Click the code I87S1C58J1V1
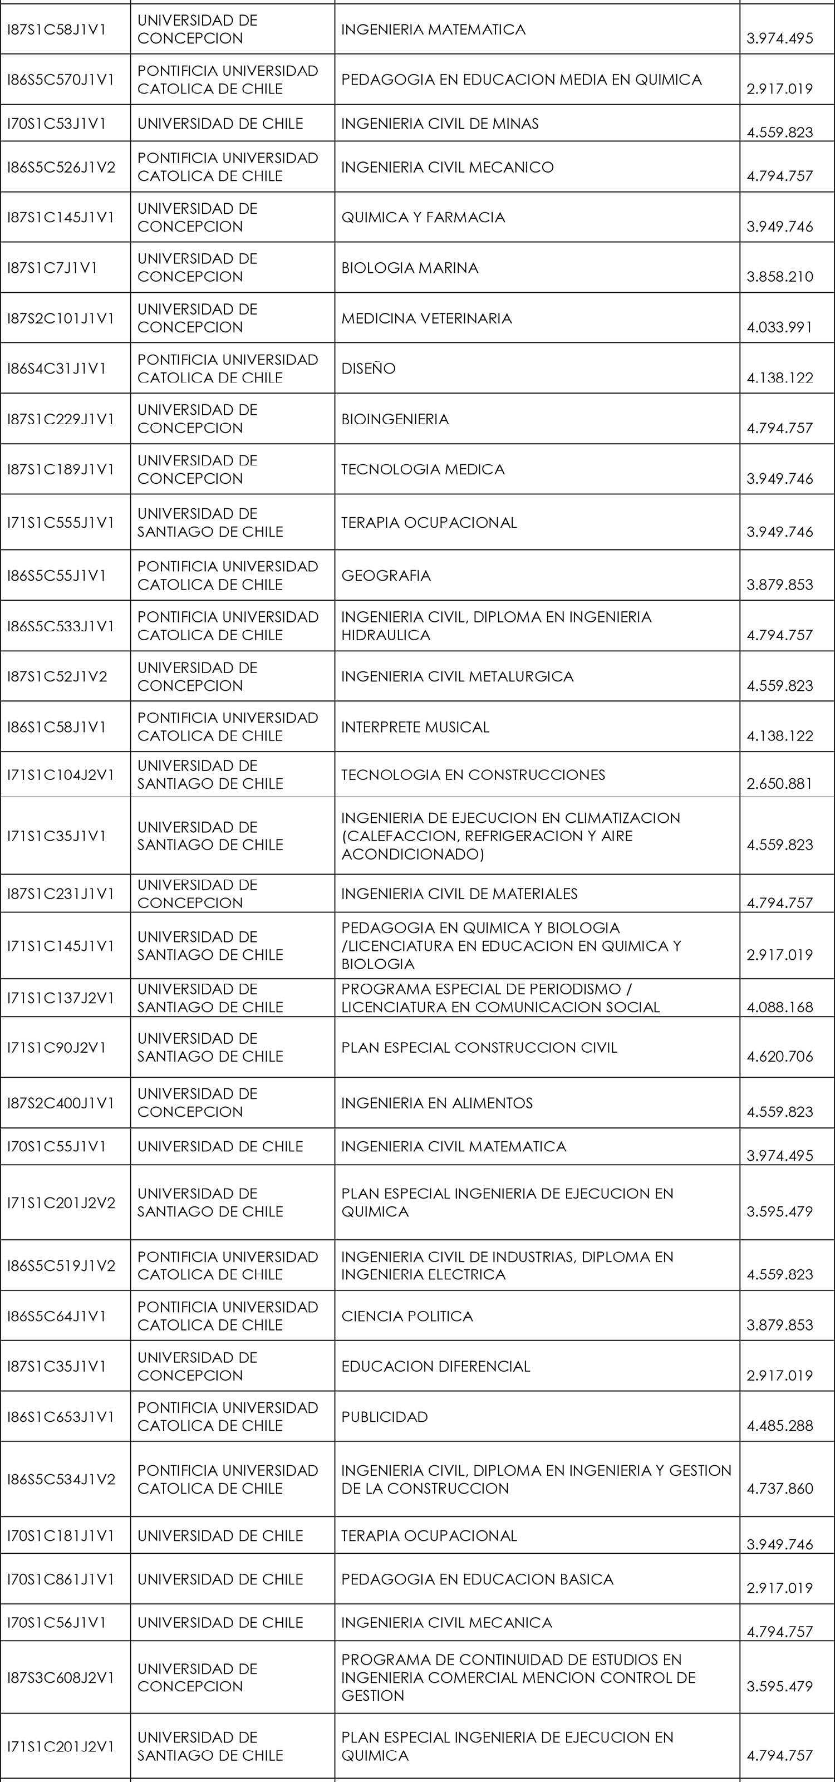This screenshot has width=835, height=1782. click(x=57, y=30)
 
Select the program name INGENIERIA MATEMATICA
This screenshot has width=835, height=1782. click(x=433, y=30)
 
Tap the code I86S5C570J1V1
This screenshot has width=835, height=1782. click(x=61, y=80)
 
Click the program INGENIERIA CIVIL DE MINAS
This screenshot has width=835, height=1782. click(x=439, y=124)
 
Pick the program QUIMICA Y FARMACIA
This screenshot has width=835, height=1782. click(x=423, y=217)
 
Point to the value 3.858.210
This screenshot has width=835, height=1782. click(x=780, y=277)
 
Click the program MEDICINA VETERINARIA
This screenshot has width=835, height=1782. click(x=426, y=318)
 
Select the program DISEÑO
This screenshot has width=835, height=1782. click(x=368, y=369)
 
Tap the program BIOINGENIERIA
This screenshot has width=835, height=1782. click(x=394, y=419)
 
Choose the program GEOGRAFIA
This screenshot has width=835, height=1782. click(x=385, y=576)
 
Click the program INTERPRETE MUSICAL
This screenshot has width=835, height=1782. click(x=415, y=727)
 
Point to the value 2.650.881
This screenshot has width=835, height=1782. click(x=780, y=784)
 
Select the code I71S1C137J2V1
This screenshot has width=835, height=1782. click(x=61, y=998)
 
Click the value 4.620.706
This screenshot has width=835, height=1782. click(x=780, y=1056)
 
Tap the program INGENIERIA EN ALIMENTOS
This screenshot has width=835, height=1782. click(x=436, y=1103)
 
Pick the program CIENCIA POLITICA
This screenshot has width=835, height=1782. click(x=407, y=1315)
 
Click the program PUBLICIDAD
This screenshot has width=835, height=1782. click(x=384, y=1417)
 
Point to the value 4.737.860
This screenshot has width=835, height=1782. click(x=780, y=1488)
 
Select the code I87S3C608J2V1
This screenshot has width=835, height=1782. click(x=61, y=1677)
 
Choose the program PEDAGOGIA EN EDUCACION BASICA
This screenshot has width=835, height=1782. click(x=477, y=1579)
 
